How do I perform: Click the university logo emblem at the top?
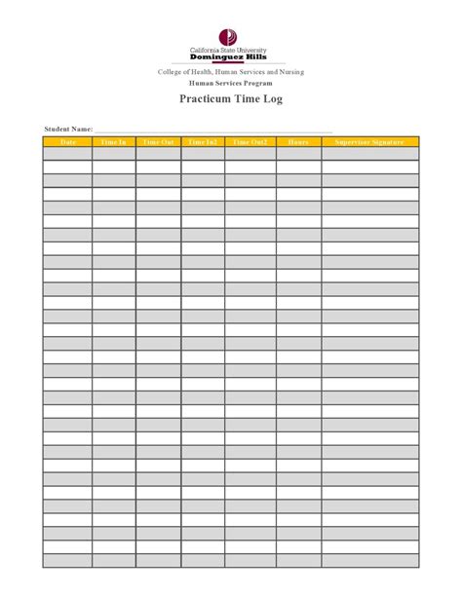(x=231, y=37)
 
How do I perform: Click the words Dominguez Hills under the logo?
(x=231, y=56)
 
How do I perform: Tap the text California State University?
(x=231, y=50)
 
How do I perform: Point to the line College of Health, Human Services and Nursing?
(x=231, y=73)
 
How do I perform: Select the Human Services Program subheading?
(x=231, y=84)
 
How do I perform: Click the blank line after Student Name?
(x=214, y=130)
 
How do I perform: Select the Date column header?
(x=67, y=142)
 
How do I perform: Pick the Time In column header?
(x=114, y=142)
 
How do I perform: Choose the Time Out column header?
(x=158, y=142)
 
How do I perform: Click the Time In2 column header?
(x=203, y=142)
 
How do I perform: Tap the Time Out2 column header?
(x=250, y=142)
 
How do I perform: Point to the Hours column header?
(x=298, y=142)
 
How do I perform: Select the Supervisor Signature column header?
(x=370, y=142)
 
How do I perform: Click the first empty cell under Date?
(x=67, y=154)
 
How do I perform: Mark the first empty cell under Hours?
(x=298, y=154)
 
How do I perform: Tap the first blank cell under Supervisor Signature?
(x=370, y=154)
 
